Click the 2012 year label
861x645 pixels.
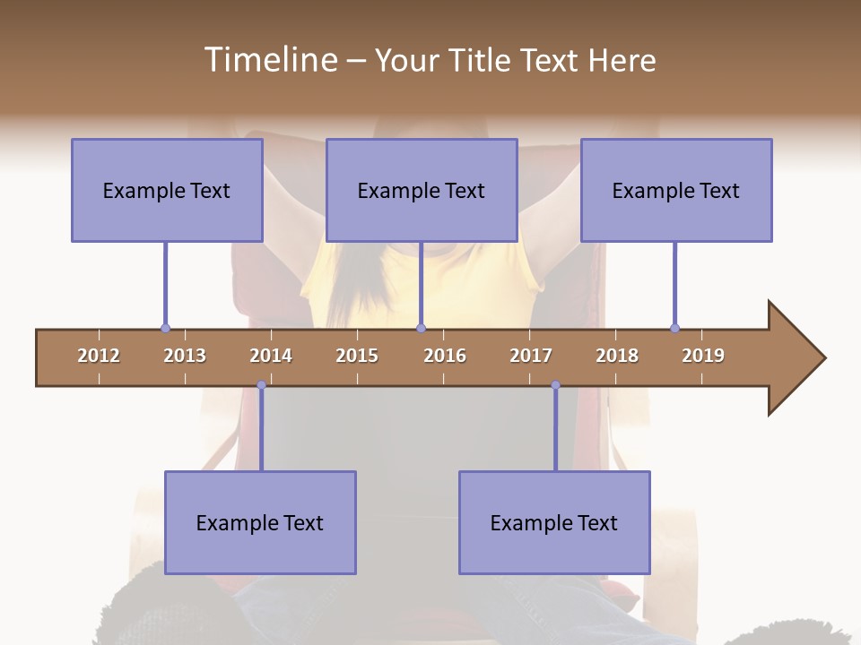click(99, 356)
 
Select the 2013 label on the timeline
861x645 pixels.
click(185, 356)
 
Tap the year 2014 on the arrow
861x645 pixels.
click(271, 356)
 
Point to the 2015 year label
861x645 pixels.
click(357, 356)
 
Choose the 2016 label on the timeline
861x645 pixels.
click(445, 356)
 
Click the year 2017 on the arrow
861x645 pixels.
click(531, 356)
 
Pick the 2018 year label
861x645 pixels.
click(617, 356)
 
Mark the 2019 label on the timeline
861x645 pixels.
click(703, 356)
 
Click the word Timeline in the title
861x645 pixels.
click(269, 60)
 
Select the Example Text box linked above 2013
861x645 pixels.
click(167, 190)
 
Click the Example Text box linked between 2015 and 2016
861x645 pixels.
click(422, 190)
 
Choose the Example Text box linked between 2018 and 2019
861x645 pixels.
click(676, 190)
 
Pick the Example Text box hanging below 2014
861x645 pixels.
click(260, 522)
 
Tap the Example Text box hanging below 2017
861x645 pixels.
click(554, 522)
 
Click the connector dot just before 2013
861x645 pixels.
click(165, 328)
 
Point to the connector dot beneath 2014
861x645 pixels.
click(261, 385)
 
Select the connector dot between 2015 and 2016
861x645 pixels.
click(422, 328)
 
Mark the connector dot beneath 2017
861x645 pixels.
click(555, 385)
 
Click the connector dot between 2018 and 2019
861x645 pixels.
click(674, 328)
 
